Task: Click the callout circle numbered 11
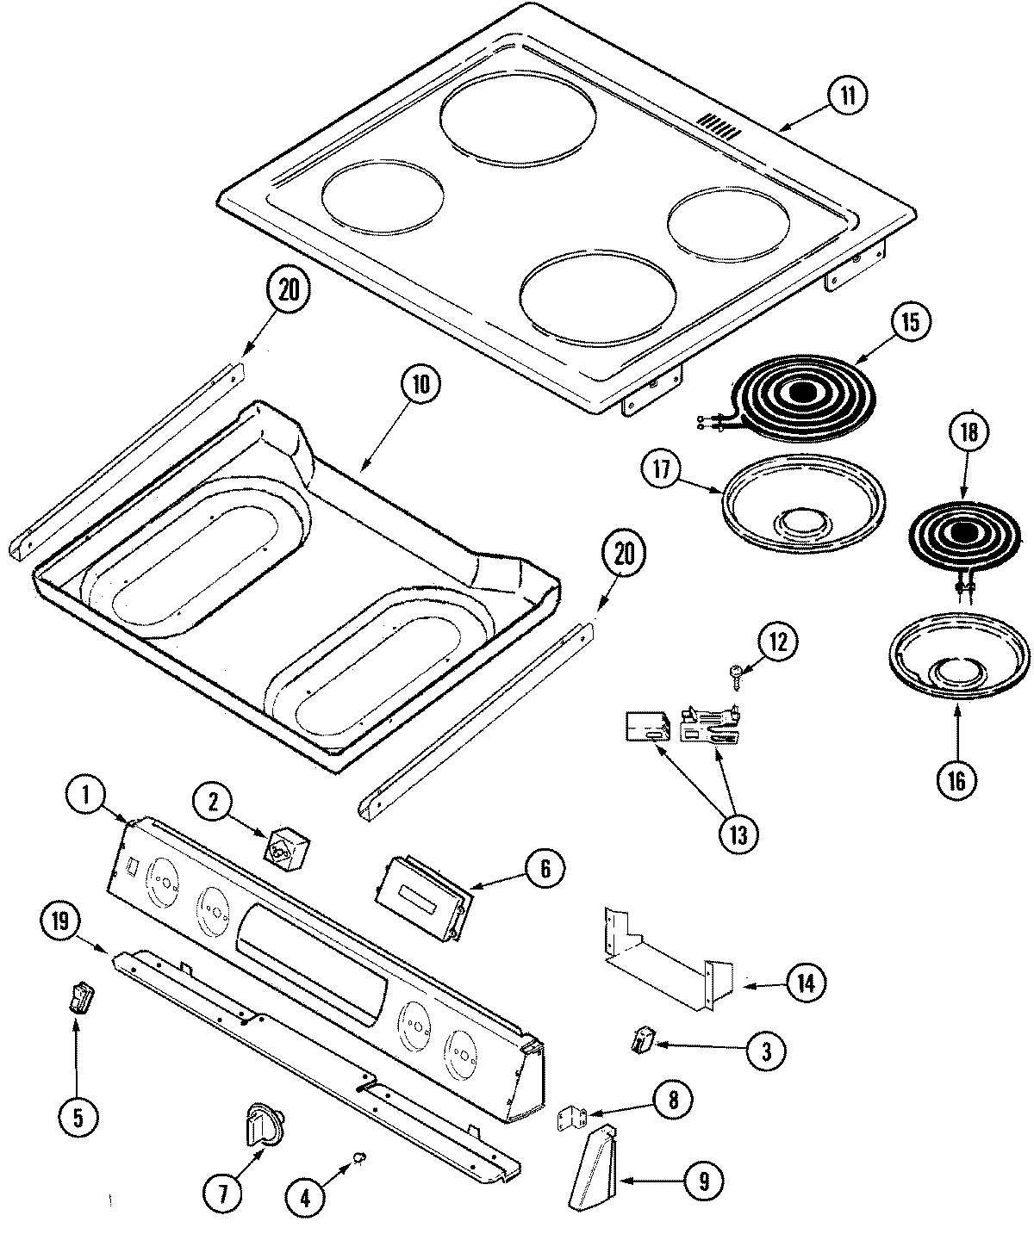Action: point(848,96)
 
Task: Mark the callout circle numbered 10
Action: point(420,384)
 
